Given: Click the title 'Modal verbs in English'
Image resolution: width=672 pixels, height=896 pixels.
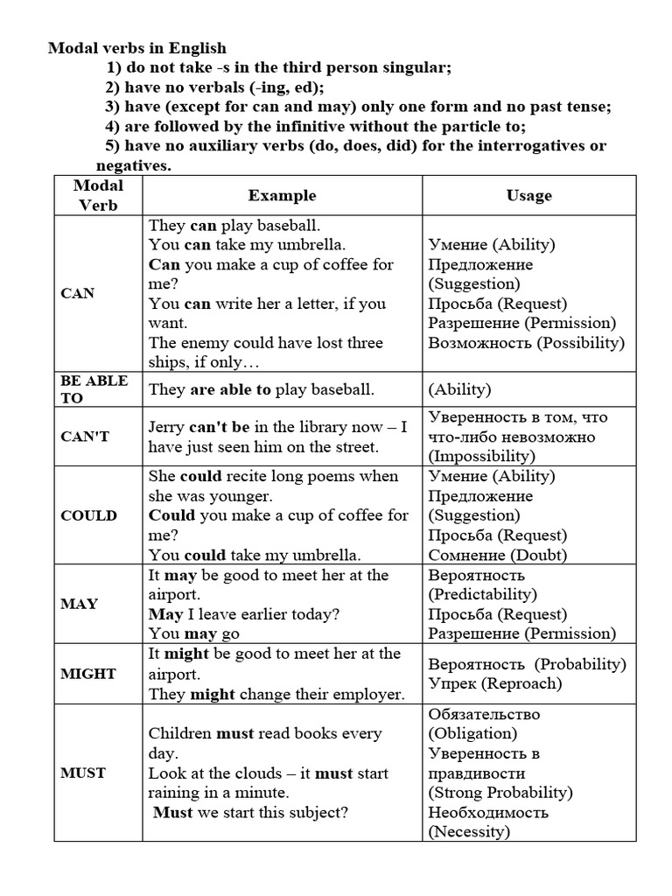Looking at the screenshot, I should point(137,48).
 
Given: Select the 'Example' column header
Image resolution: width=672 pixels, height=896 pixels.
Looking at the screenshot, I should point(282,195).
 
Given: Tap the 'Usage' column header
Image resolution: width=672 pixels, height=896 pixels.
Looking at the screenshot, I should point(528,195).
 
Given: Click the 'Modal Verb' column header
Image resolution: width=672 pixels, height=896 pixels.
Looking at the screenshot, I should point(98,195).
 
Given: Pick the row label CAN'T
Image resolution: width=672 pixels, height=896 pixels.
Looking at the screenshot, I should point(85,437).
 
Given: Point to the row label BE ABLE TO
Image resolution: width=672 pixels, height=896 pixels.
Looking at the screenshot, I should point(94,389).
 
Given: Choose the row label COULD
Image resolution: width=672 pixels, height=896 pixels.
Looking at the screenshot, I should point(88,515).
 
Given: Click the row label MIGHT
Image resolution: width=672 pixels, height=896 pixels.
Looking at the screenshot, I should point(88,674).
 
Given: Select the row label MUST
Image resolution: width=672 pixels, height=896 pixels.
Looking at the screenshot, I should point(83,773).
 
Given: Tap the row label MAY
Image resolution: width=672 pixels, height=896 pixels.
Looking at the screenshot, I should point(80,604).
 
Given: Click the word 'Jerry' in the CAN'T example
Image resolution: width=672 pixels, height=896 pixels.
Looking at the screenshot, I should point(167,427).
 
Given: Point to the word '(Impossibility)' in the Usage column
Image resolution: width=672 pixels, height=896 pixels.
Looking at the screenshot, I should point(480,456).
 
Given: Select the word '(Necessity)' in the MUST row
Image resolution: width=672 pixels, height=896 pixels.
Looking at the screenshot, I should point(469,831).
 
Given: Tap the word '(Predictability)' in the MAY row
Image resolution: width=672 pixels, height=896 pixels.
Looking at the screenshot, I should point(482,594).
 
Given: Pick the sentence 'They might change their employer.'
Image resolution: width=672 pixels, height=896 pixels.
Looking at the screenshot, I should point(276,694).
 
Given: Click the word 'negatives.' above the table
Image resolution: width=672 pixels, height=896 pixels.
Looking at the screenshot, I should point(134,164).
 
